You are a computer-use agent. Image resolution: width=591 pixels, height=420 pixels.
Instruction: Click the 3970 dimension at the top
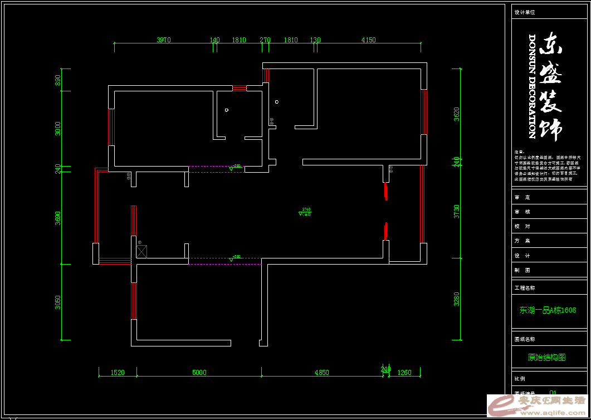(163, 40)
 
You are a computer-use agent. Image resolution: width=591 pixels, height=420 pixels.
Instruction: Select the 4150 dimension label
(368, 40)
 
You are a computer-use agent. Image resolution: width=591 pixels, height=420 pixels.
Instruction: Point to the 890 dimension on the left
(58, 80)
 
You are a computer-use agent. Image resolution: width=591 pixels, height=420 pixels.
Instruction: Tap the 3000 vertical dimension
(58, 128)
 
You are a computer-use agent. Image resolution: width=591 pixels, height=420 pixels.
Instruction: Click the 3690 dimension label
(58, 218)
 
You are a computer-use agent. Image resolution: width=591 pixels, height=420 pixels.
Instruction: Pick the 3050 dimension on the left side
(58, 302)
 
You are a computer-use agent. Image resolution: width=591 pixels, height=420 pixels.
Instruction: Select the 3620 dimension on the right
(457, 114)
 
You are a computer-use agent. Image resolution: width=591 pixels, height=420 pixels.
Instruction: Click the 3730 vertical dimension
(457, 211)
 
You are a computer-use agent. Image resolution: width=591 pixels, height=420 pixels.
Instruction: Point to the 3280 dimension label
(457, 299)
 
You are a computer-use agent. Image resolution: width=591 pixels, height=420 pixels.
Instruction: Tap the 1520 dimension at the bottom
(118, 373)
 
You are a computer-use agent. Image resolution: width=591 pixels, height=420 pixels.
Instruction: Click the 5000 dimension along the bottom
(199, 373)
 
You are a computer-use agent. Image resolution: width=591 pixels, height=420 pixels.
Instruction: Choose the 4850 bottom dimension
(321, 373)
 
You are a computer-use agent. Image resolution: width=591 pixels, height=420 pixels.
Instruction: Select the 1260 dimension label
(404, 373)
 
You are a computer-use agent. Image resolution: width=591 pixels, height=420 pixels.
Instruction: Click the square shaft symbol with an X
(141, 251)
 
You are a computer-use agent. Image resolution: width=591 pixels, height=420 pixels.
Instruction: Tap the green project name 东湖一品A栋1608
(548, 310)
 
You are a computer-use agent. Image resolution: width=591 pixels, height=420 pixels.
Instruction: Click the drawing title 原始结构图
(546, 358)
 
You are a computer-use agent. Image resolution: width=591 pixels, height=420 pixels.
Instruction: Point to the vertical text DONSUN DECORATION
(532, 86)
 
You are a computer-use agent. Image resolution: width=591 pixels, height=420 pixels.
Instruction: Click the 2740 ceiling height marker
(305, 210)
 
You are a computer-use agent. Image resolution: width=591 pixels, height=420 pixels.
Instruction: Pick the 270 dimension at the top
(265, 40)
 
